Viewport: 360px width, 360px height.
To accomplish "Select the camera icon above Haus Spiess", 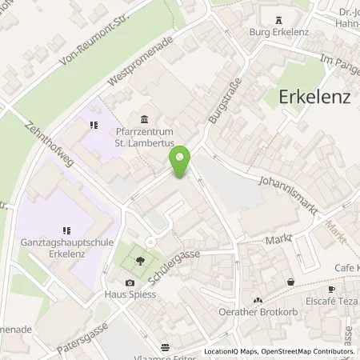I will [130, 282].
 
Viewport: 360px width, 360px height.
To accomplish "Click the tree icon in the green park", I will [141, 260].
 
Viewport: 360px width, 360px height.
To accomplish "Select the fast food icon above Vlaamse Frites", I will [165, 347].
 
